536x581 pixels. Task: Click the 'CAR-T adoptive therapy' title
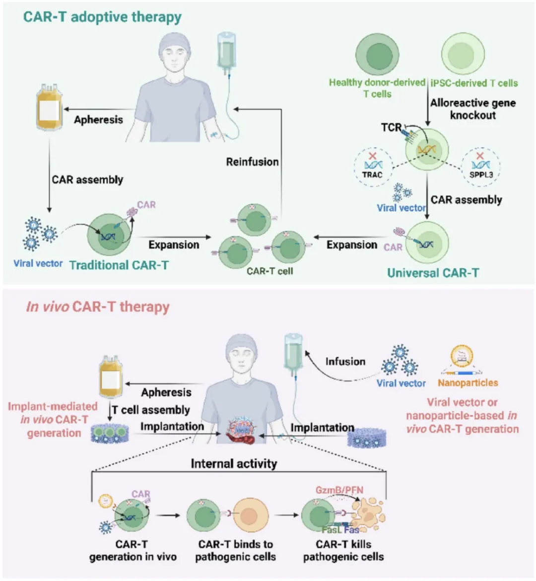(102, 17)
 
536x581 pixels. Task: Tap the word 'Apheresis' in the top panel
(98, 119)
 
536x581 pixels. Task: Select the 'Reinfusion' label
(252, 162)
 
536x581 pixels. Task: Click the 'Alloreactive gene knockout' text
(472, 109)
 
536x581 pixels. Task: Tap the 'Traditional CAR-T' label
(119, 265)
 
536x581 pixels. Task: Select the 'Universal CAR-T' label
(433, 272)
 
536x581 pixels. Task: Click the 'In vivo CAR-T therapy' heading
(98, 307)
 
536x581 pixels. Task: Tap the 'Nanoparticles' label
(468, 383)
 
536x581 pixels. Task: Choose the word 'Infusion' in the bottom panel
(345, 361)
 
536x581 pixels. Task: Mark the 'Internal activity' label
(234, 464)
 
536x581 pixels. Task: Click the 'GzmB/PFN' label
(339, 490)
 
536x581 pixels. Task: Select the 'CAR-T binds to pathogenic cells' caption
(235, 550)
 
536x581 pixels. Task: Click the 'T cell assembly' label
(150, 410)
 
